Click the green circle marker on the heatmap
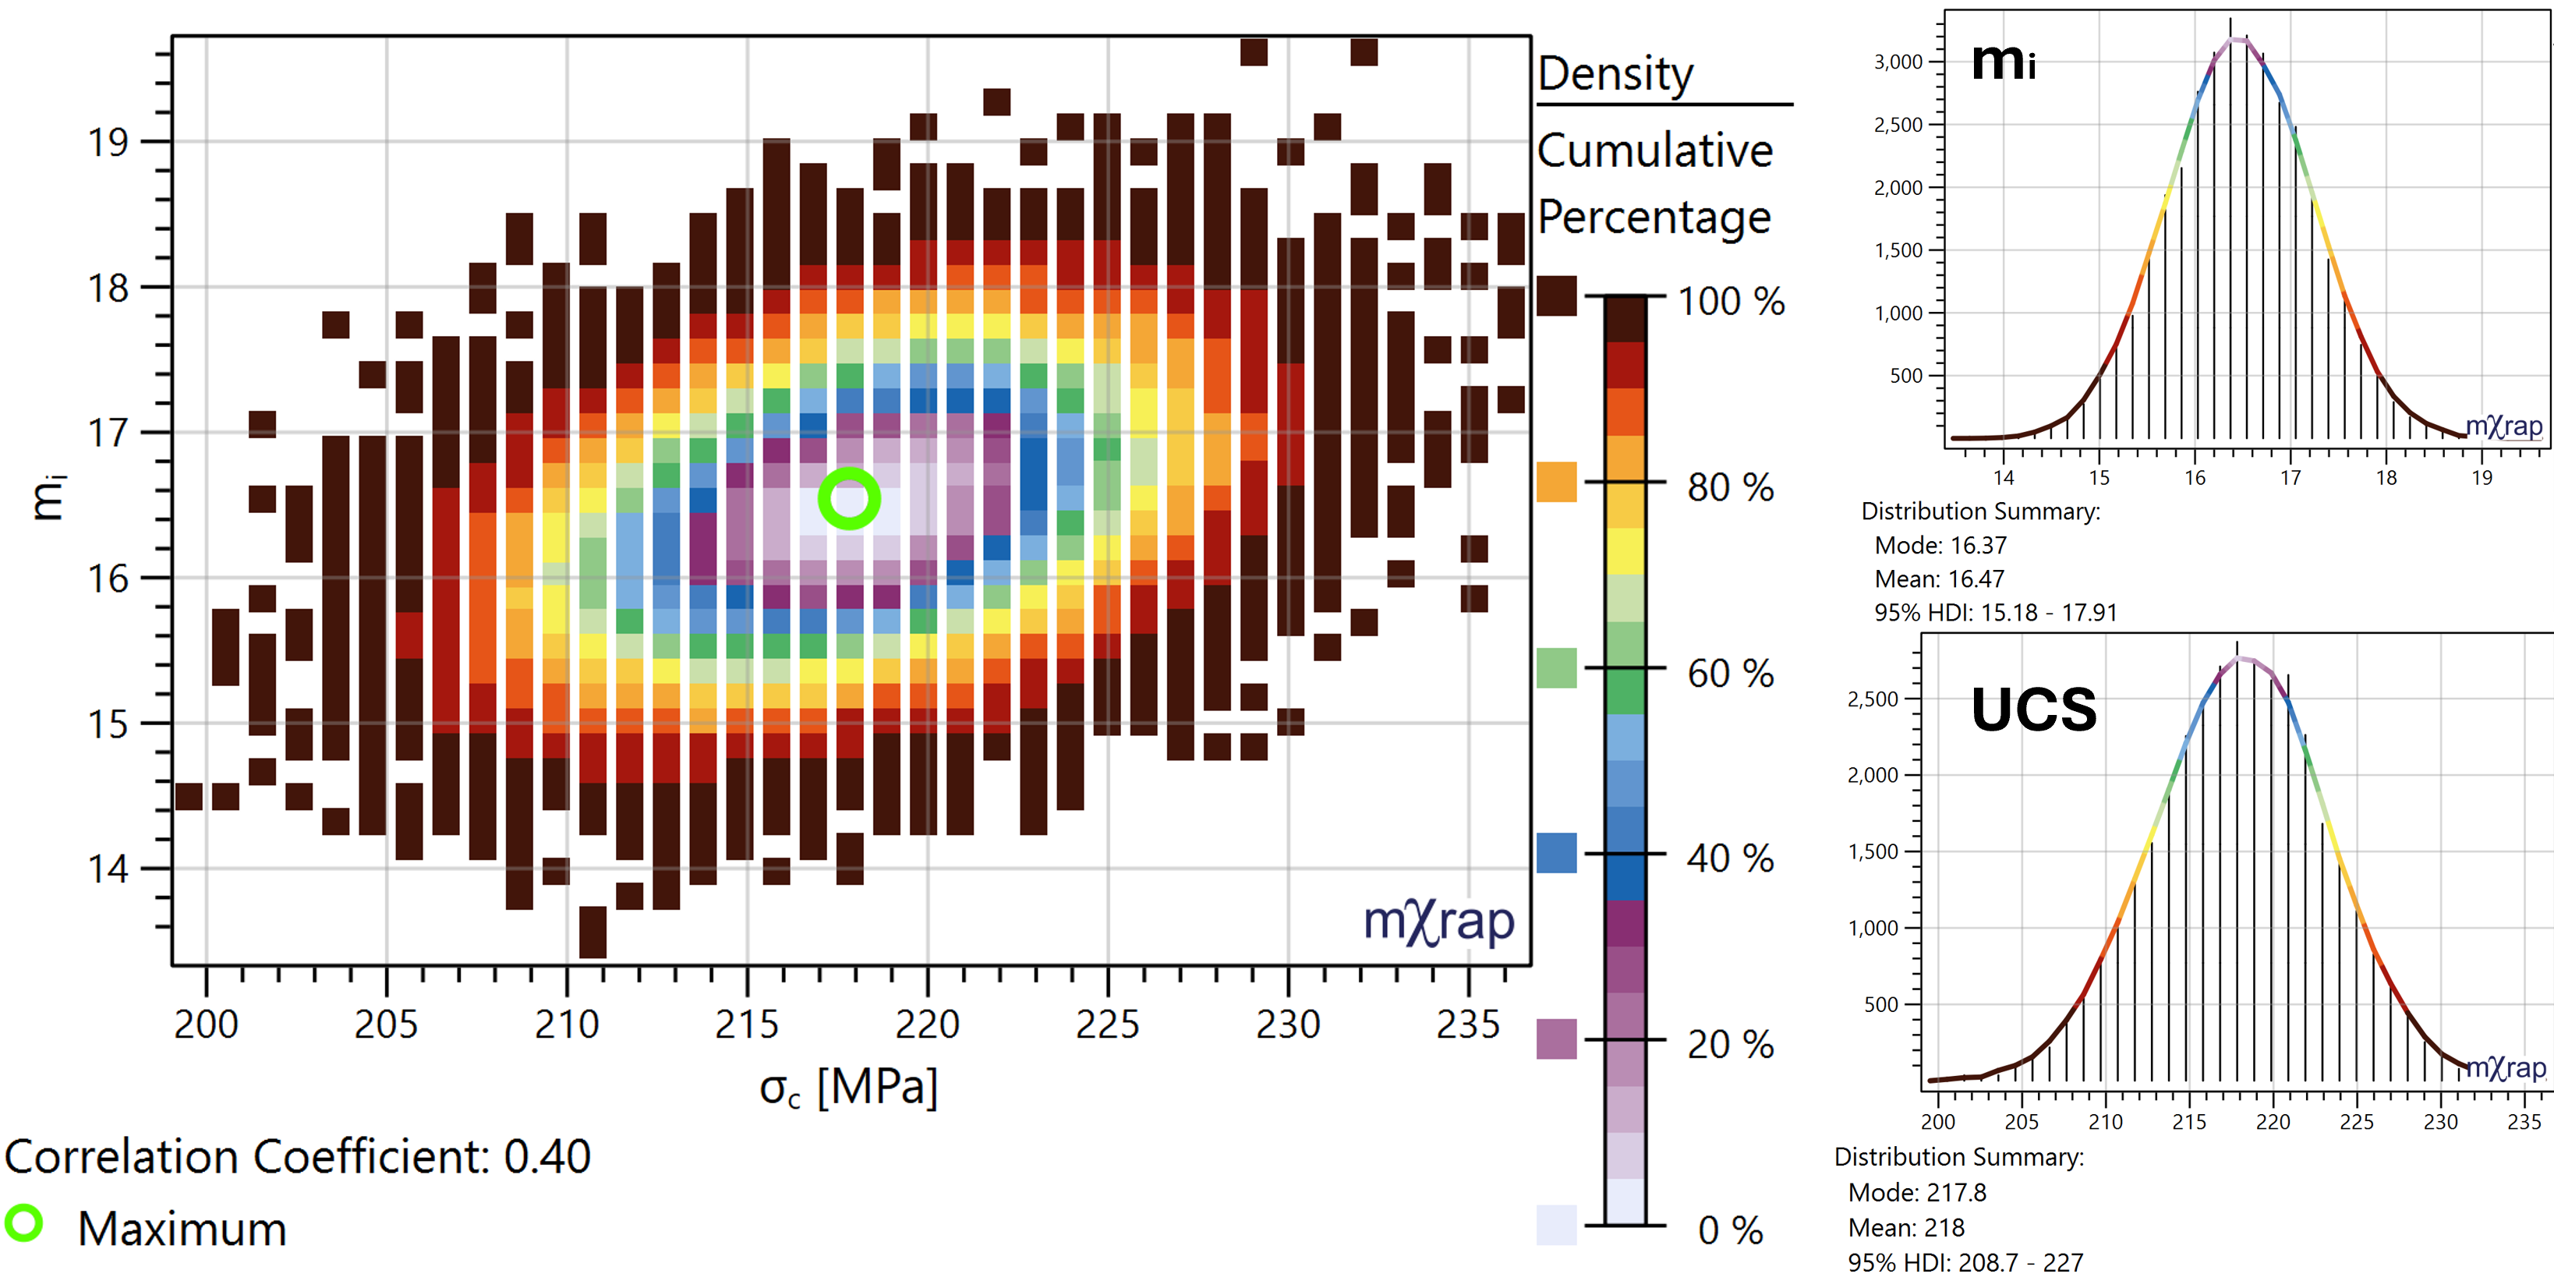point(849,499)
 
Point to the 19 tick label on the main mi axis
point(108,143)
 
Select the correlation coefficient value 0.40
point(547,1157)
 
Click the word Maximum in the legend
point(182,1230)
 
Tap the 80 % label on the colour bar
point(1730,488)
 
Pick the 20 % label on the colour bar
point(1730,1045)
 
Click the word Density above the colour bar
point(1615,73)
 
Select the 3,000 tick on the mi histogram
point(1898,62)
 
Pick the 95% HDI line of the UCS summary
point(1965,1263)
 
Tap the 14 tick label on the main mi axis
point(108,869)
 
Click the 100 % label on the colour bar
point(1730,302)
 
